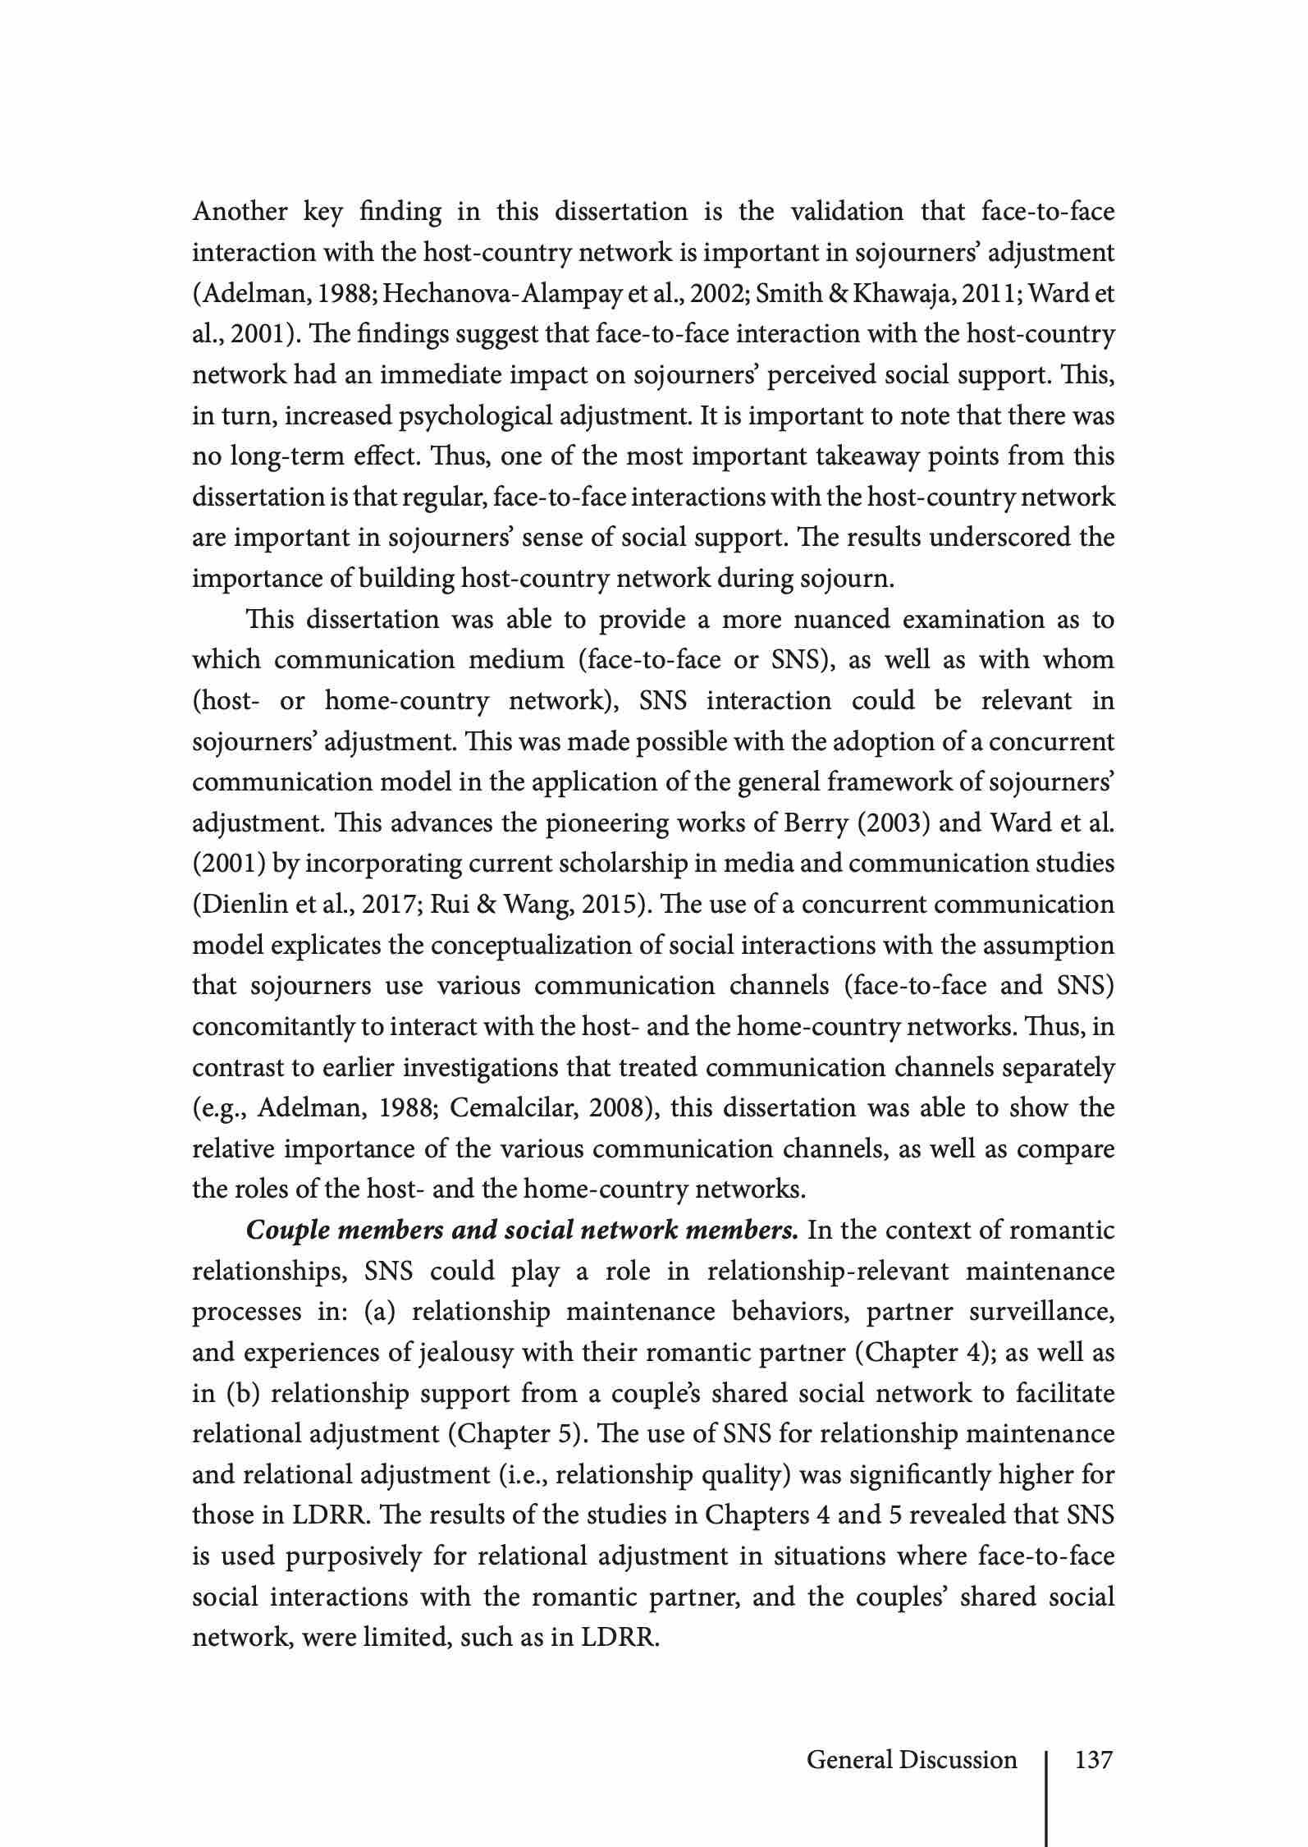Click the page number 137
1093,1759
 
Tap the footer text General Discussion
912,1759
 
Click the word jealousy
464,1353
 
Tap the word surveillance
1041,1313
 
